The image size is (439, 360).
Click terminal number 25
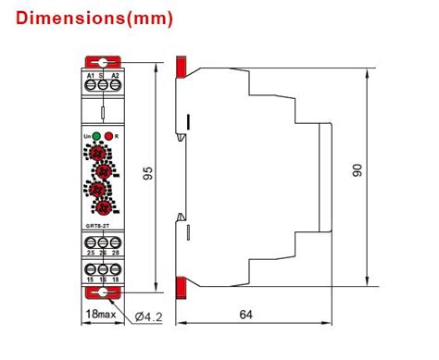[91, 252]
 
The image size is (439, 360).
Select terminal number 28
[114, 252]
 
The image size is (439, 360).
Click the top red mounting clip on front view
[102, 60]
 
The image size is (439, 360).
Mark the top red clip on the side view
[182, 66]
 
